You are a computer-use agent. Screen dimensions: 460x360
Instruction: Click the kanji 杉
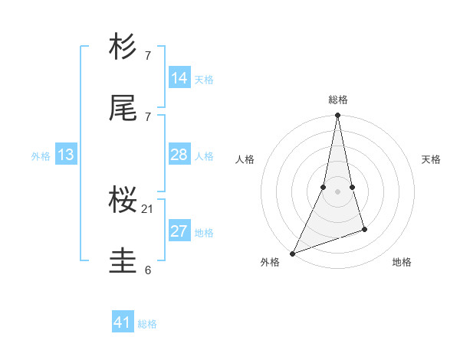123,47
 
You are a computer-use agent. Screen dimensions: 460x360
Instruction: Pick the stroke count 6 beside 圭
148,269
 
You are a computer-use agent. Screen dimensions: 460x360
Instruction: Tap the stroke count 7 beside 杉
148,56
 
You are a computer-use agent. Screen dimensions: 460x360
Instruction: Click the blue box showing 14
179,77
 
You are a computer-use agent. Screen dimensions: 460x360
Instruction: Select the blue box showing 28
179,155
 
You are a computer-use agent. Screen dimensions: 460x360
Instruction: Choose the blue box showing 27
179,231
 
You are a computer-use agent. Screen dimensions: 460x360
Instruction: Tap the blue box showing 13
66,155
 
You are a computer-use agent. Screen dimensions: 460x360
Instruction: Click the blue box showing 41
123,322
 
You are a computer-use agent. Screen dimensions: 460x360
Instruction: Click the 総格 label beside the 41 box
147,324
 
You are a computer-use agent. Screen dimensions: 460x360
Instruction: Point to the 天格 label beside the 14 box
204,79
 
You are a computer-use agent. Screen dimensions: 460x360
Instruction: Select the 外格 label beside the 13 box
41,156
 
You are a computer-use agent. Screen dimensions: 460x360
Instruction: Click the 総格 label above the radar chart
337,100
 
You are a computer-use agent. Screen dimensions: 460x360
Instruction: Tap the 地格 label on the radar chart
402,262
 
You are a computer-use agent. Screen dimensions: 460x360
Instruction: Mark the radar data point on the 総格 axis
337,116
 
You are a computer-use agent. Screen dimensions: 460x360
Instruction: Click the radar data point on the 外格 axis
292,254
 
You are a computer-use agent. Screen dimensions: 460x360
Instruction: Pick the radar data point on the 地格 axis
364,229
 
